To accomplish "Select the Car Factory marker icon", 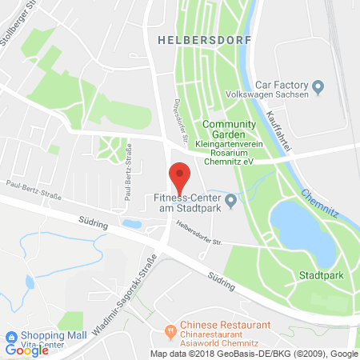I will [318, 86].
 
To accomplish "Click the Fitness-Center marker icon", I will [231, 200].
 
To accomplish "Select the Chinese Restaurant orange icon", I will [169, 330].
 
